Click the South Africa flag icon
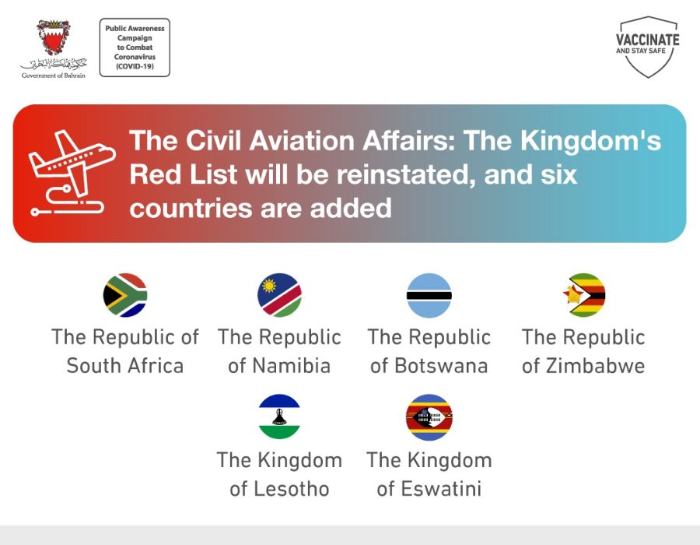point(125,295)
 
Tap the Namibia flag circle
point(279,295)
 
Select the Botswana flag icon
point(429,295)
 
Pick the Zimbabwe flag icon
point(584,295)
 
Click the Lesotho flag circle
point(279,417)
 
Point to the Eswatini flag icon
point(429,417)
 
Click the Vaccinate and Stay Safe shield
point(648,47)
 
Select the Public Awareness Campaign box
point(135,47)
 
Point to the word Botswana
point(441,366)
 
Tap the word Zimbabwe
point(596,366)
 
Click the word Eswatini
point(441,489)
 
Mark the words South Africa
point(125,366)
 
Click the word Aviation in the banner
point(302,141)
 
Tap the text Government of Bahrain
point(54,76)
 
